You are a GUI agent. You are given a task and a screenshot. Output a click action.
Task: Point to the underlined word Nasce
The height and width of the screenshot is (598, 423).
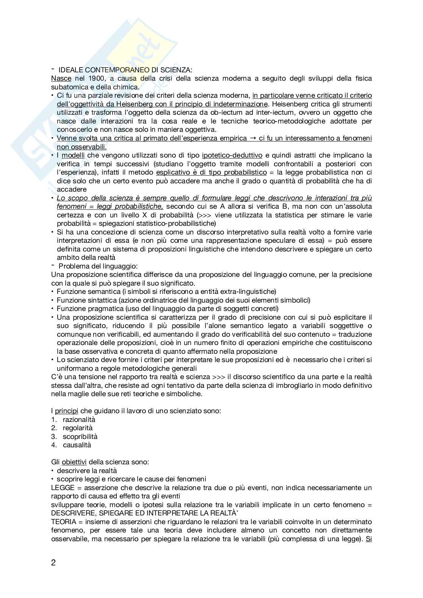point(61,78)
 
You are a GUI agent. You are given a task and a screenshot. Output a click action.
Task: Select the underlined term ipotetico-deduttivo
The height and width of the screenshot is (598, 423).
point(232,155)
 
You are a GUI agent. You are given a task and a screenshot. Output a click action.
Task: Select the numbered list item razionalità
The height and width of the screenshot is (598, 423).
point(79,420)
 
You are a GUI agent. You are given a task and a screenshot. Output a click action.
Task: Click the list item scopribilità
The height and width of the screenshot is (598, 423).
point(80,437)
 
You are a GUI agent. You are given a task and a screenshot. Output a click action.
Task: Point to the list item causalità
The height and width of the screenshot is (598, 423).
point(77,445)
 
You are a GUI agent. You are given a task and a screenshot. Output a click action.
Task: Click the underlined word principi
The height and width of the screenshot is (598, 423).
point(66,411)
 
